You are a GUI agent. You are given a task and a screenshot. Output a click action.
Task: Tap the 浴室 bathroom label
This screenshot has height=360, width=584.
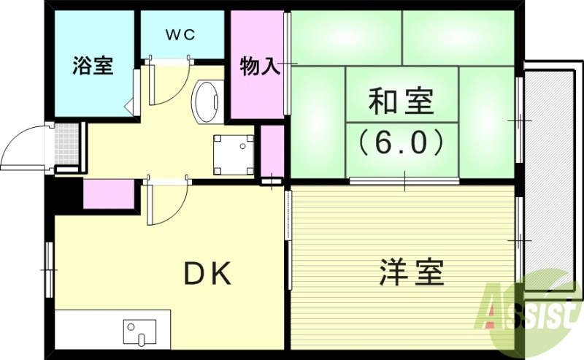[92, 66]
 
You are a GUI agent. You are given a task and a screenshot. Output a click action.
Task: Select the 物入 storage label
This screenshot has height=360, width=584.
[260, 66]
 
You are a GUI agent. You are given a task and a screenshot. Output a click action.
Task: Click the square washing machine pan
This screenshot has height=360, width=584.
[234, 153]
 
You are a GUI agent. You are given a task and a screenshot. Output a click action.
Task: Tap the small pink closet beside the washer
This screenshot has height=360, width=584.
[272, 150]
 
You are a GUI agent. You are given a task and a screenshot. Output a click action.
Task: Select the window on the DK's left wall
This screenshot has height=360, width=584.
[50, 270]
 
